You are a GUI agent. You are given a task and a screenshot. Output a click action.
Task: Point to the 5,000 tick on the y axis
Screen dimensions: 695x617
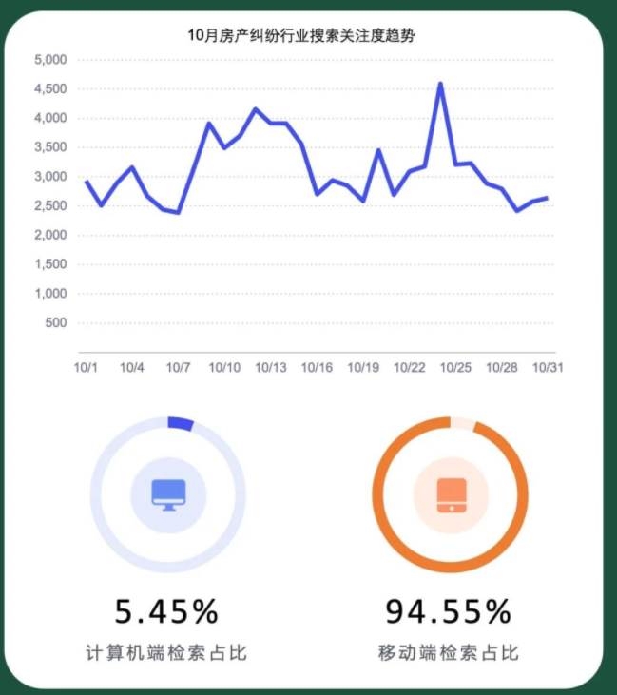pyautogui.click(x=50, y=60)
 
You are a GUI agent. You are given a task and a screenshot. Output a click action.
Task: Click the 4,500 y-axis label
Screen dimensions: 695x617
pyautogui.click(x=50, y=89)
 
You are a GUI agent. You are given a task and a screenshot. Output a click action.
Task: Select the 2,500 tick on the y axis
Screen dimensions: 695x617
pyautogui.click(x=50, y=206)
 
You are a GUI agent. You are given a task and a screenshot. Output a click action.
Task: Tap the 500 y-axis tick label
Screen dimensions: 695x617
pyautogui.click(x=56, y=323)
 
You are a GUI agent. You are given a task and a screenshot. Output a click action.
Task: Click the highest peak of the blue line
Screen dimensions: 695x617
pyautogui.click(x=440, y=84)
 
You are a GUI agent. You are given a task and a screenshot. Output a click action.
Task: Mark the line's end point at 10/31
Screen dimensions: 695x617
pyautogui.click(x=548, y=198)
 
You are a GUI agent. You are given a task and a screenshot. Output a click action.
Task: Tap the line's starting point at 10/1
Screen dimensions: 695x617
pyautogui.click(x=86, y=181)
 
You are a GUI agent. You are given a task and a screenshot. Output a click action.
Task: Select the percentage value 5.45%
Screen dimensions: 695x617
pyautogui.click(x=167, y=609)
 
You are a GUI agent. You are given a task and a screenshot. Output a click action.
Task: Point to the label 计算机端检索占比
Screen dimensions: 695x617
pyautogui.click(x=167, y=653)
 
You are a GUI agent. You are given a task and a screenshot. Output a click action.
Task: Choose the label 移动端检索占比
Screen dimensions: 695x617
pyautogui.click(x=449, y=653)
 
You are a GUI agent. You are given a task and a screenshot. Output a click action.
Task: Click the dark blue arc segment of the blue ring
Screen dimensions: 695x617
pyautogui.click(x=181, y=424)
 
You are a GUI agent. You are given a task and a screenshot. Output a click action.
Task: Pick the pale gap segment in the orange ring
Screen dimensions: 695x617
pyautogui.click(x=462, y=424)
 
